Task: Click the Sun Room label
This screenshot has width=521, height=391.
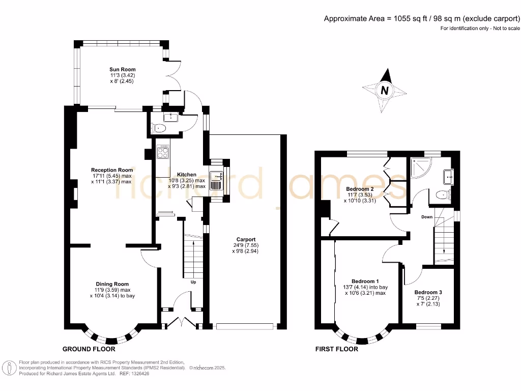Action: pos(123,69)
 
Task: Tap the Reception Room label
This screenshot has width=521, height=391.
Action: pos(112,170)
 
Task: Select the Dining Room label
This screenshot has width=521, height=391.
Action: pos(112,284)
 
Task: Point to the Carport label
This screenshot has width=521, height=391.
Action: pos(246,239)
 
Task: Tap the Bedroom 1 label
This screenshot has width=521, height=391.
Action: pos(365,281)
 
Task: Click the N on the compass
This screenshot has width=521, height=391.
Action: pos(385,91)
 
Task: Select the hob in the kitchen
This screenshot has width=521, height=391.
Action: pos(163,152)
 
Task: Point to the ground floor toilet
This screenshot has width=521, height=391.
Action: pos(159,128)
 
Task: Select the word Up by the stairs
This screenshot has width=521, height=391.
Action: pos(193,282)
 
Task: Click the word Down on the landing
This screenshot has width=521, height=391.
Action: pos(427,216)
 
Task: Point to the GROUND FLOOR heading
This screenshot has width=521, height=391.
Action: pos(89,349)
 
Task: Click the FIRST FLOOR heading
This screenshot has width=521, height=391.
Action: pos(337,349)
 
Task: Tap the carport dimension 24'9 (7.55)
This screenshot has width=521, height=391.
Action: pos(246,245)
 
